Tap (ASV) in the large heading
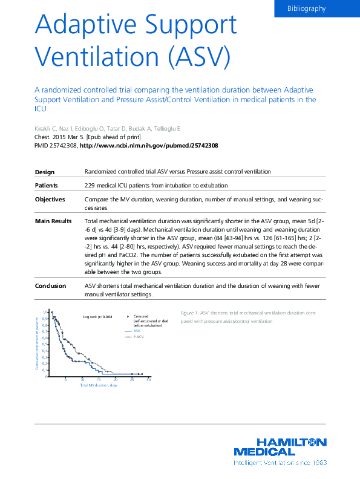(200, 57)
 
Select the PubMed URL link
(149, 146)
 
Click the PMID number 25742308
(61, 146)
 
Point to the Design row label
(45, 172)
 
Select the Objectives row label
(50, 199)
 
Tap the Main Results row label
(53, 221)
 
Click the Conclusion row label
(51, 285)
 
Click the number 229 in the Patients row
(91, 185)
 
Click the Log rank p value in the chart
(97, 316)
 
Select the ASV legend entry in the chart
(137, 331)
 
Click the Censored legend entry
(141, 316)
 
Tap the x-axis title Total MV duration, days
(98, 385)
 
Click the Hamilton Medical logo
(280, 446)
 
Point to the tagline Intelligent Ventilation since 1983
(280, 463)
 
